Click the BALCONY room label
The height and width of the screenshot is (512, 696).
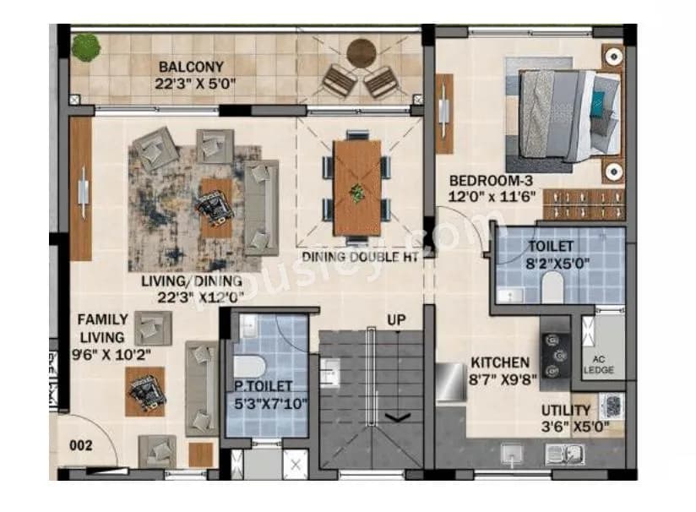[x=192, y=67]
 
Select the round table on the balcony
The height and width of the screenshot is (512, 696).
[x=362, y=53]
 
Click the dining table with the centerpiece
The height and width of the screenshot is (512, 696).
[x=357, y=188]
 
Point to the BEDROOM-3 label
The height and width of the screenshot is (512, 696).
[x=490, y=181]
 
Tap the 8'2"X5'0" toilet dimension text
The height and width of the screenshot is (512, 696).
[x=557, y=262]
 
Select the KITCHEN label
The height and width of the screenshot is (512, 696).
[x=501, y=362]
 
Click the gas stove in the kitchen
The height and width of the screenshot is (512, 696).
[x=556, y=350]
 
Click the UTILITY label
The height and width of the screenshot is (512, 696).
[x=566, y=410]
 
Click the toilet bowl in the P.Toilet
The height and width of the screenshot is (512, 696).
[x=247, y=366]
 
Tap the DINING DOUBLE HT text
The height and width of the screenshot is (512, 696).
[x=359, y=257]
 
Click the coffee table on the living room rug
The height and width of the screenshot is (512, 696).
[x=216, y=205]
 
